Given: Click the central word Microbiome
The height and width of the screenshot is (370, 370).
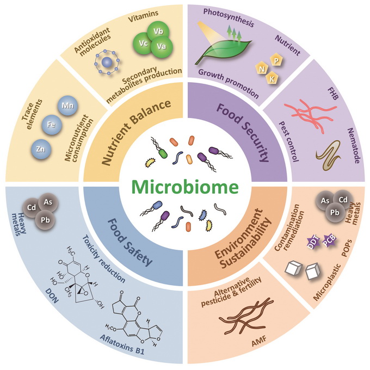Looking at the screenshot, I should click(185, 187).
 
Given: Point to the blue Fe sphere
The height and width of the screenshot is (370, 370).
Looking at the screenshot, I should click(51, 124).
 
